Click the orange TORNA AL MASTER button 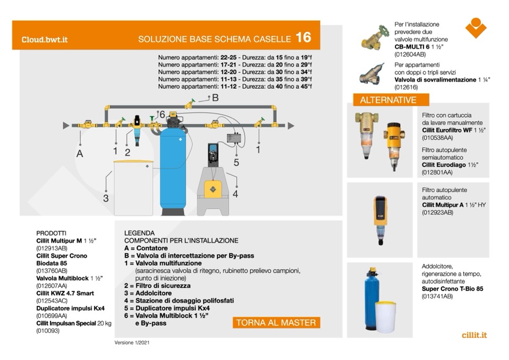(276, 322)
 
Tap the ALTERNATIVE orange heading (388, 100)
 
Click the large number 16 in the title (303, 38)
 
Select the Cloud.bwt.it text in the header (45, 39)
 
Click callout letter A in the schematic (80, 153)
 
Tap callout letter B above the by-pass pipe (215, 98)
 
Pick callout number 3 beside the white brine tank (106, 198)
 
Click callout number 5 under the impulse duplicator (237, 162)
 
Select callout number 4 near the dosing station (235, 194)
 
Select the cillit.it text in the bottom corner (474, 335)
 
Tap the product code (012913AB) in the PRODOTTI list (51, 248)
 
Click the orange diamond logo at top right (476, 28)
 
